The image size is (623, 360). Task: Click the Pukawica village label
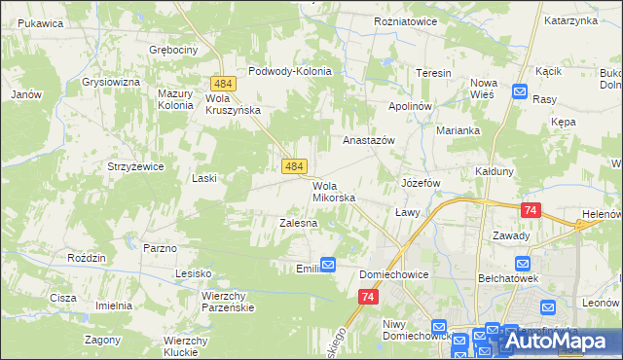[x=40, y=22]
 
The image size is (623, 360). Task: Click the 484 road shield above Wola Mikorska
[x=296, y=167]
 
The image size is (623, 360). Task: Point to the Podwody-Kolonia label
[x=290, y=71]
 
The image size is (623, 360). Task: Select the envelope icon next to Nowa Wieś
[x=519, y=93]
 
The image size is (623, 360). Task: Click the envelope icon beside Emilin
[x=328, y=264]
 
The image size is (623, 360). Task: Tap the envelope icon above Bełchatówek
[x=523, y=264]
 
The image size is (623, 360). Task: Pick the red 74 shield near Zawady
[x=531, y=210]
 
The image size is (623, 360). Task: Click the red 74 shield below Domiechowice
[x=367, y=297]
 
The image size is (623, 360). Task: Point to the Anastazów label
[x=368, y=140]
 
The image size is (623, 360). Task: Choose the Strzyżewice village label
[x=135, y=166]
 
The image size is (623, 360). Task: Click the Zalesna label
[x=299, y=223]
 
